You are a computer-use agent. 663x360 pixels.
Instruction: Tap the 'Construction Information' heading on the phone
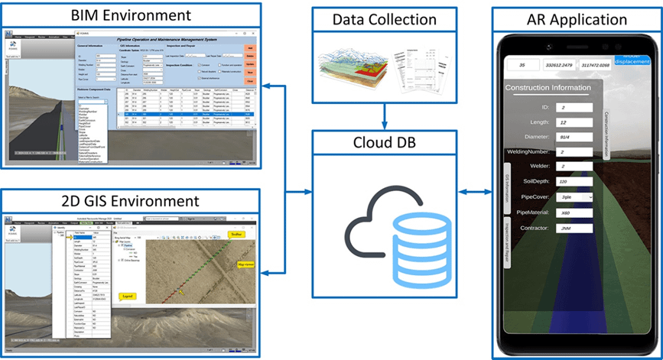click(548, 89)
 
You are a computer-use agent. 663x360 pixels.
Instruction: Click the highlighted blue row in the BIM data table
click(184, 114)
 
